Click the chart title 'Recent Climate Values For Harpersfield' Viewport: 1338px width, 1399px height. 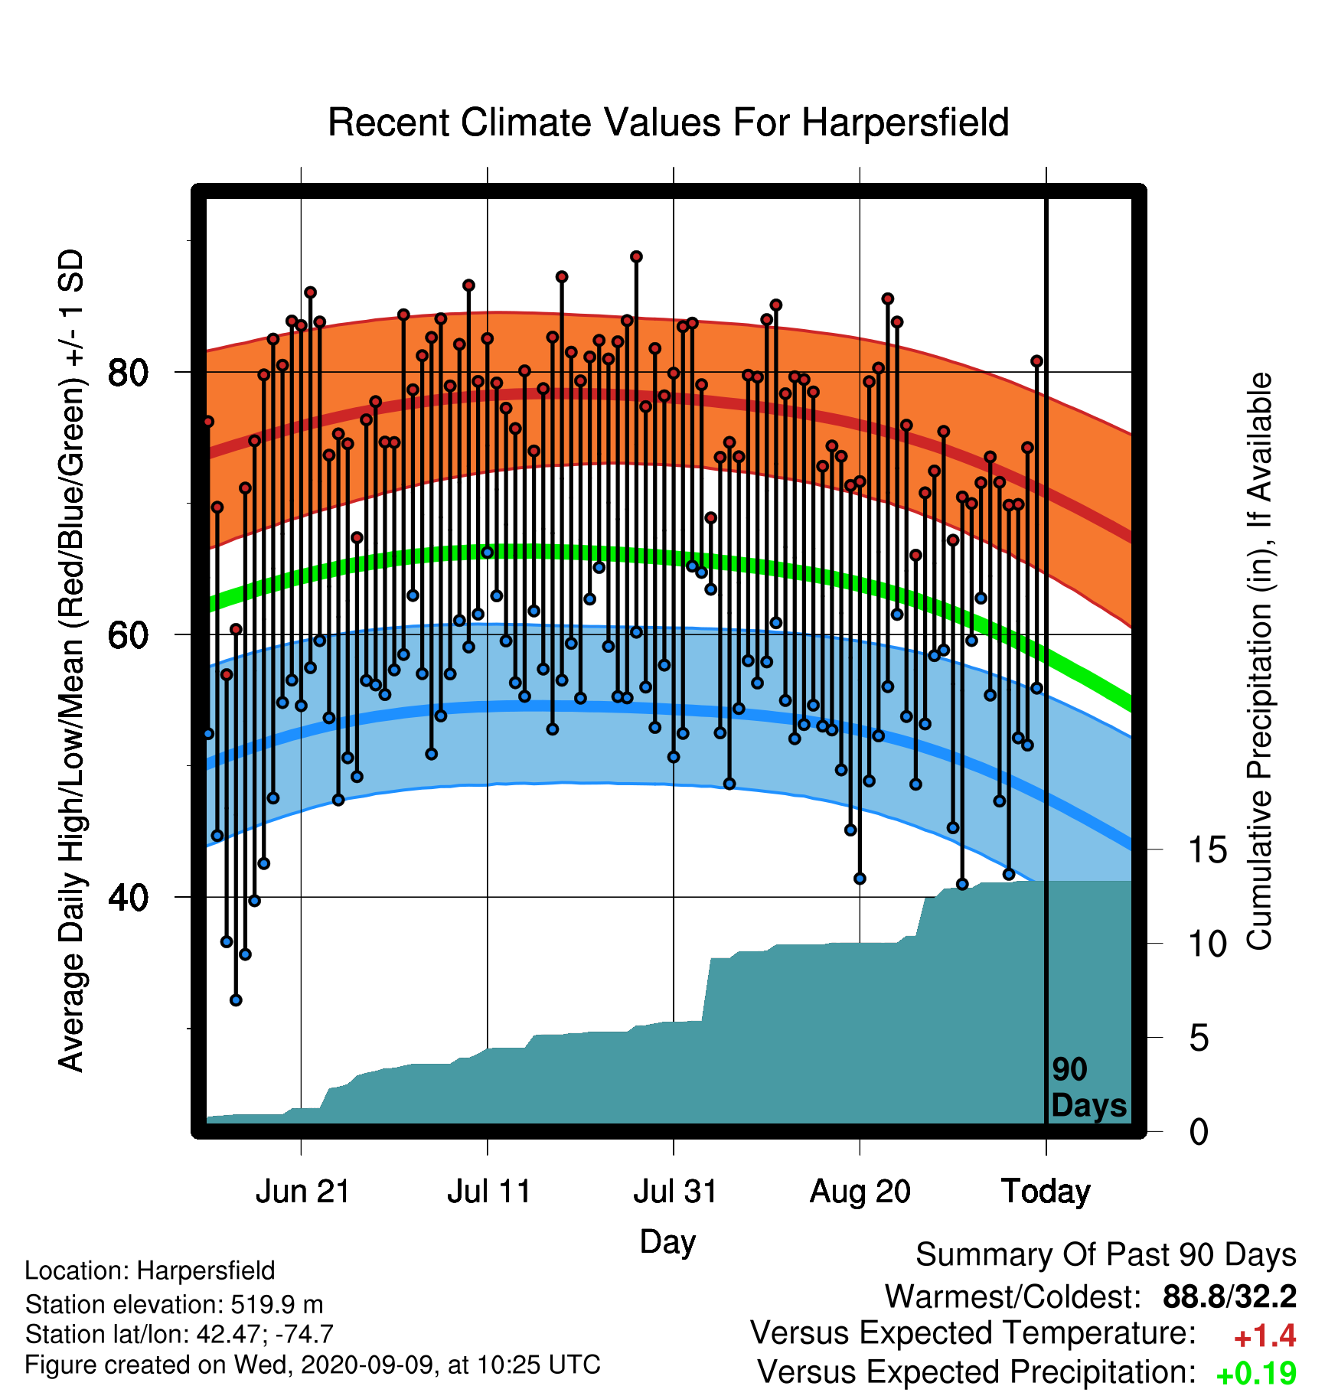[x=668, y=122]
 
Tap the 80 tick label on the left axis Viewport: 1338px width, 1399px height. [x=129, y=373]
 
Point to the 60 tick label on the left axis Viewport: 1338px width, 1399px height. [x=129, y=634]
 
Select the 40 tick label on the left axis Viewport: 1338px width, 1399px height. [x=129, y=897]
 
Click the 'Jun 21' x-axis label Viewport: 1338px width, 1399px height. [x=302, y=1191]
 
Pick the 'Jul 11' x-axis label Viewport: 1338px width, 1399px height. [x=489, y=1191]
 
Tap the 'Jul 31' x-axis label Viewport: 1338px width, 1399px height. [x=675, y=1191]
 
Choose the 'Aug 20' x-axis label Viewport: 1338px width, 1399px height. [x=860, y=1191]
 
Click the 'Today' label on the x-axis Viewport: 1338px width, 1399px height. [x=1046, y=1191]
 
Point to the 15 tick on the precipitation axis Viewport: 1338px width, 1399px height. [x=1207, y=850]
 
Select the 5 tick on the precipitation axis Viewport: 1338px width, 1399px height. [x=1199, y=1038]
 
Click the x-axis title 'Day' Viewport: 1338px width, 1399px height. [x=667, y=1241]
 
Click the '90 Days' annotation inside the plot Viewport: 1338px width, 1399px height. [x=1088, y=1088]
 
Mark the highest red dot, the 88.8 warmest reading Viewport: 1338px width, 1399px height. [x=636, y=256]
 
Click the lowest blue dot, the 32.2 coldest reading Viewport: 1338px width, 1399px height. [x=236, y=1000]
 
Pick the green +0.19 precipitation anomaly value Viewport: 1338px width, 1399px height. [x=1256, y=1373]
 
